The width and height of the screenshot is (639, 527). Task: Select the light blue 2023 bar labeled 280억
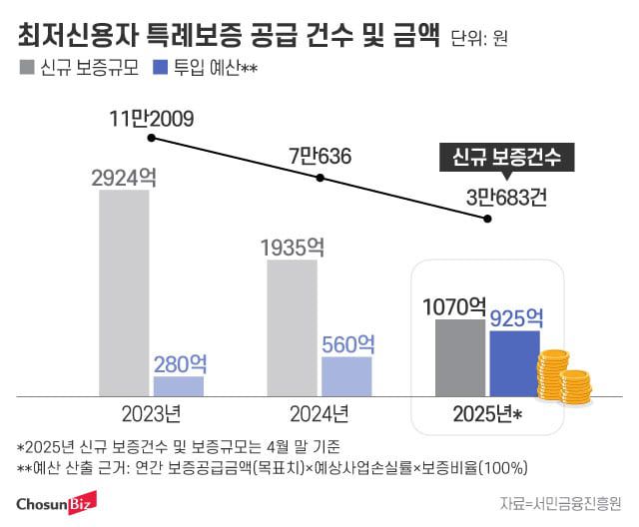click(179, 385)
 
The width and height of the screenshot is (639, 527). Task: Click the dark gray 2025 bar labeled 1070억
click(460, 357)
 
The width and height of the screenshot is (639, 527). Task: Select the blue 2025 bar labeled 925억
click(514, 363)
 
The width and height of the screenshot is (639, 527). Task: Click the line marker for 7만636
click(319, 179)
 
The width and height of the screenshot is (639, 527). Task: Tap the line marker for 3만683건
click(487, 218)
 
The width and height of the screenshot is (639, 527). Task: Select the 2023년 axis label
click(152, 413)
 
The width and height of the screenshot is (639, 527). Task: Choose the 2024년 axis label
click(319, 413)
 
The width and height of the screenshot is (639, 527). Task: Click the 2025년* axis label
click(489, 413)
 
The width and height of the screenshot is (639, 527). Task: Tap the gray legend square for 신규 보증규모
click(25, 69)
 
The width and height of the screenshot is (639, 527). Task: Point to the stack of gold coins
click(562, 377)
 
